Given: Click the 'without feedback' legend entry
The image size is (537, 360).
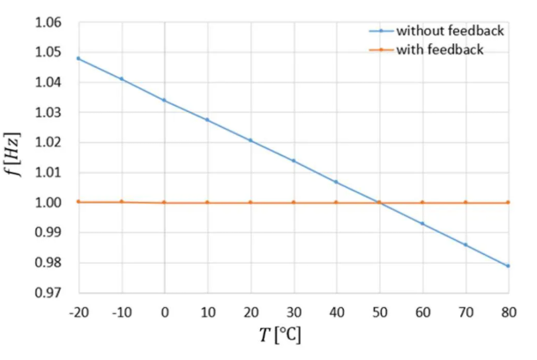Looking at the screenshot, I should (450, 31).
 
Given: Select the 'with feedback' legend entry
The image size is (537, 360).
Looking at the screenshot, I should (440, 49).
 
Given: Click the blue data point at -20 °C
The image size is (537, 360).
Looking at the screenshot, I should (78, 58).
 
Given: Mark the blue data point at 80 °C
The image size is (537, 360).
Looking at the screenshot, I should (509, 266).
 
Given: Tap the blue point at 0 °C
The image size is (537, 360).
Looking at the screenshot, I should (164, 100).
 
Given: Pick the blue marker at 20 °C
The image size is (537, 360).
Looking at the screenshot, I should (250, 140).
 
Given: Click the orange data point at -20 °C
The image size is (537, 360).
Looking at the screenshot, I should (78, 201).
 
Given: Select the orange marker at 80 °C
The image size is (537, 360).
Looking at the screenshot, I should (509, 202).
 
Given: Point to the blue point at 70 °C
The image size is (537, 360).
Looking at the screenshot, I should (466, 244).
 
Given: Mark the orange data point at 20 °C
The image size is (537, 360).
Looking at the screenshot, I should (250, 202).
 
